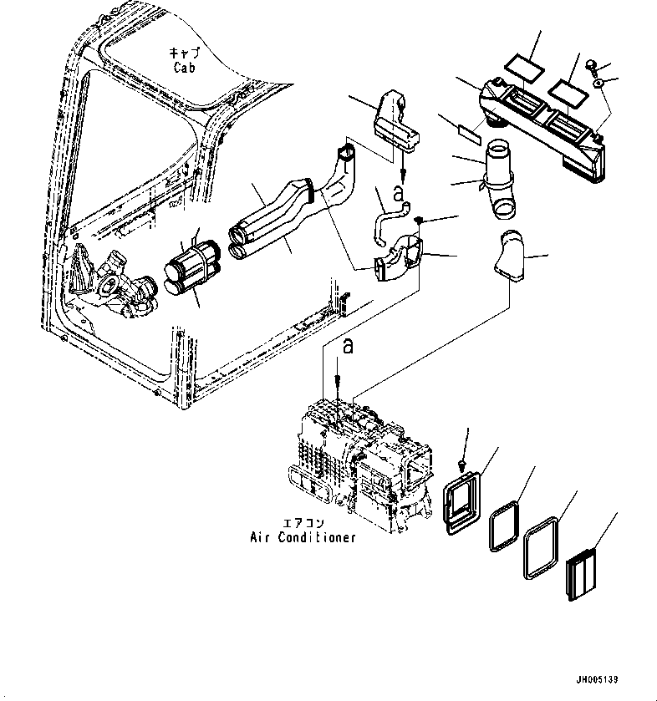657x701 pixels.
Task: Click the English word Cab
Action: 184,68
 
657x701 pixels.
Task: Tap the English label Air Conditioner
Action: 303,537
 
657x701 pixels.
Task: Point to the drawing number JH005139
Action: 597,679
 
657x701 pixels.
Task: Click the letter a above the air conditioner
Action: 348,346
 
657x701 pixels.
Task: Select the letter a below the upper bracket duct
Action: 398,193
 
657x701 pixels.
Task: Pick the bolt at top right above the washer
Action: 591,65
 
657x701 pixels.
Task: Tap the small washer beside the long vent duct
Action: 598,83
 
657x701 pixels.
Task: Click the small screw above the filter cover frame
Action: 461,466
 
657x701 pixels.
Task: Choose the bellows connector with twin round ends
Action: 192,268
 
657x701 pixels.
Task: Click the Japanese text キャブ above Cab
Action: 184,53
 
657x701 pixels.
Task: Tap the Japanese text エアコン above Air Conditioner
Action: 303,523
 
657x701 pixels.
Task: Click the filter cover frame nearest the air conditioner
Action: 462,502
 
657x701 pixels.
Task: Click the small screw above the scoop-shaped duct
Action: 419,220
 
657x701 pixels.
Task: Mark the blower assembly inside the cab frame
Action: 112,281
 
